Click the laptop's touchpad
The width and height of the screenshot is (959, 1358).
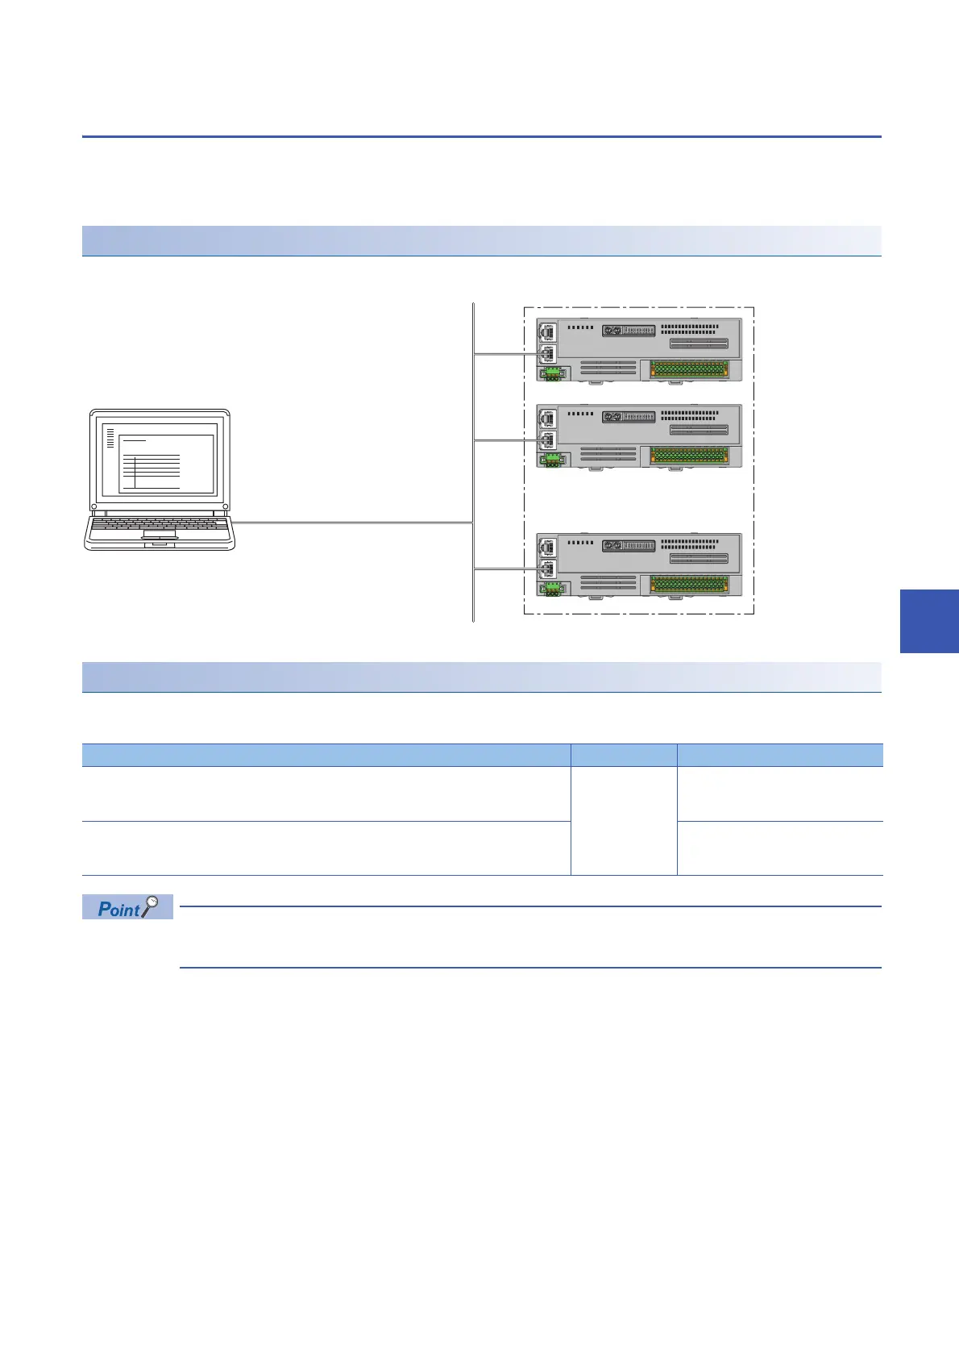pos(160,535)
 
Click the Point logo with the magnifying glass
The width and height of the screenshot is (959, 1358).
pos(127,907)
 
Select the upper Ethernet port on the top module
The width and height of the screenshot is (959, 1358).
pos(547,331)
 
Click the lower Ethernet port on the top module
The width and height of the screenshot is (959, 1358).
pos(547,353)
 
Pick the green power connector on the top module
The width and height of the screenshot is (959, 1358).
pos(554,373)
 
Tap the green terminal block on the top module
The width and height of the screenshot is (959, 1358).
pos(689,369)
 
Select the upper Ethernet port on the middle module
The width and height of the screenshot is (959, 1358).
pos(547,419)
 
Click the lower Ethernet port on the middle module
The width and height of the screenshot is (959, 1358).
pos(547,440)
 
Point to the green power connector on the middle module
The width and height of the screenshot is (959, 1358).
pos(554,460)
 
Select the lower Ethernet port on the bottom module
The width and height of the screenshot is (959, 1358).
pos(547,569)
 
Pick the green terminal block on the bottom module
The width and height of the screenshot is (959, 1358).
pos(689,584)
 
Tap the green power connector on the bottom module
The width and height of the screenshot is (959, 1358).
pos(554,589)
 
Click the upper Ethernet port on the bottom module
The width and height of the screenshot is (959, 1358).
pos(547,548)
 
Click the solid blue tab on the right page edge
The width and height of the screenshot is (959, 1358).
pos(928,620)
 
